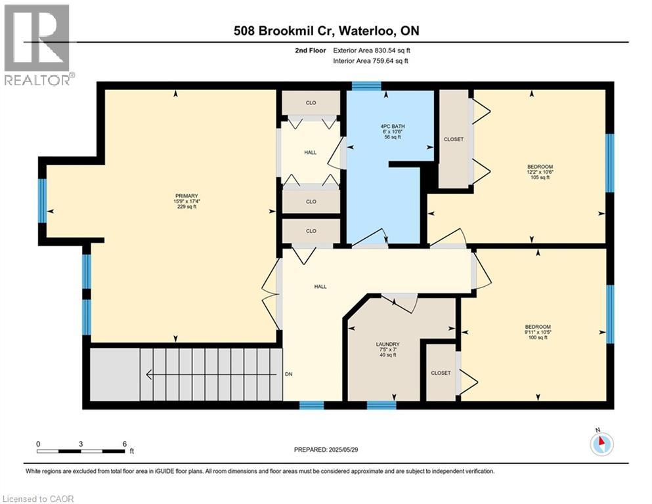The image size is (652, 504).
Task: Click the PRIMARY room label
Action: (x=186, y=200)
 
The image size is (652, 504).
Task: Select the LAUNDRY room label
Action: (x=387, y=350)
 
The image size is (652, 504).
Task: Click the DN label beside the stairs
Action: (x=288, y=375)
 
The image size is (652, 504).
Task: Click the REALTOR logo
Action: (x=38, y=45)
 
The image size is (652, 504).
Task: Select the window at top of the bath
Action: (x=366, y=85)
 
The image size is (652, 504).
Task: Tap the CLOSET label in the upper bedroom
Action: (x=454, y=139)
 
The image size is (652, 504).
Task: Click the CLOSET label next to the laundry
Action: (x=441, y=373)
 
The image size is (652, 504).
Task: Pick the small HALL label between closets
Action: (x=311, y=152)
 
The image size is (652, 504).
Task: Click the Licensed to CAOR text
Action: (x=38, y=499)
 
